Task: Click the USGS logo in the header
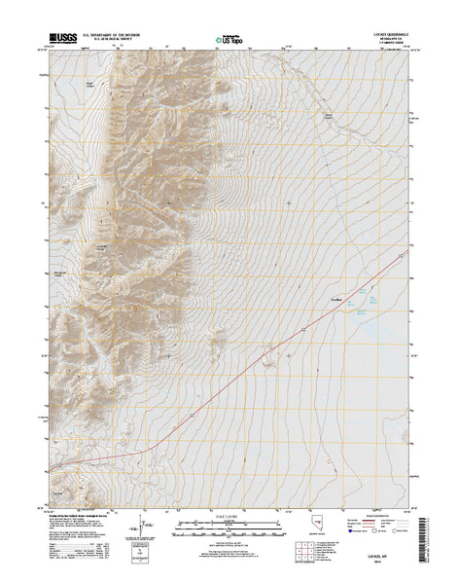point(61,40)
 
